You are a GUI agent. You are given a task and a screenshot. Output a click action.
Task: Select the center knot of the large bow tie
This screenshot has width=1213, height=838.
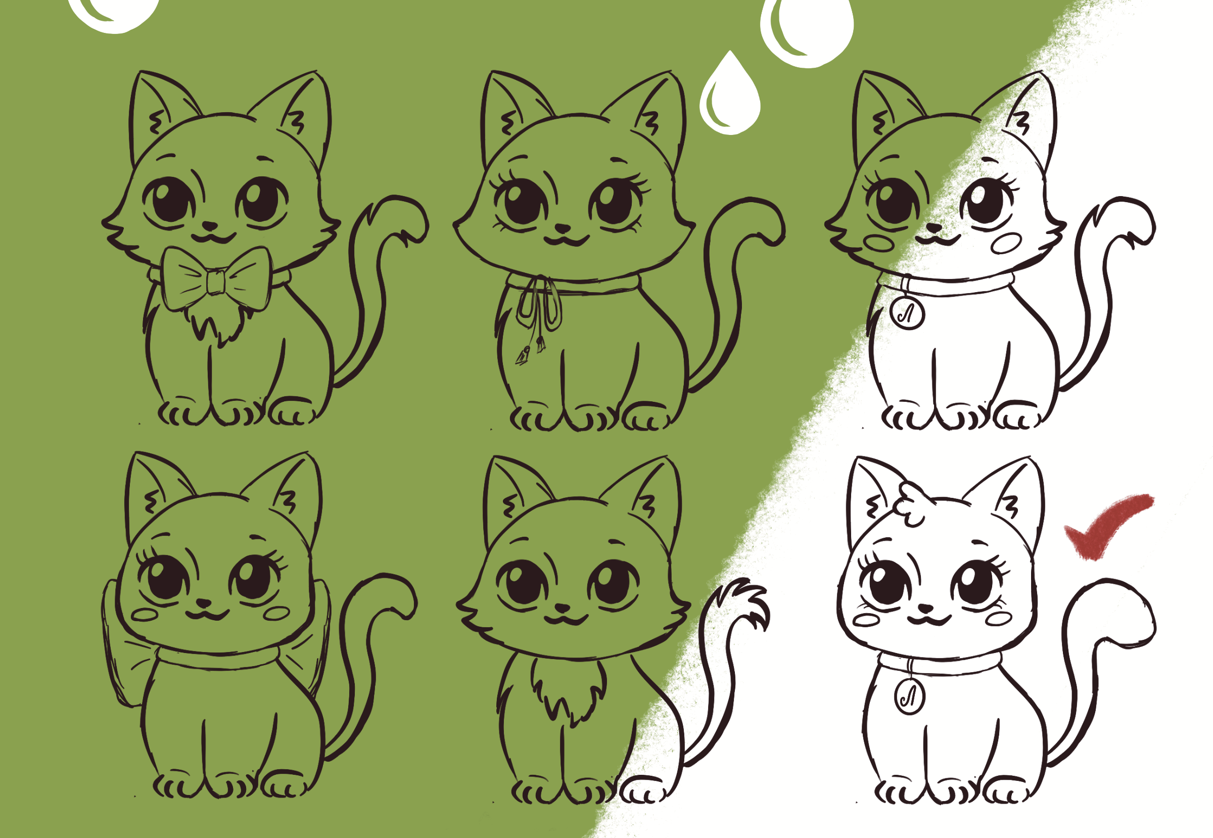[216, 284]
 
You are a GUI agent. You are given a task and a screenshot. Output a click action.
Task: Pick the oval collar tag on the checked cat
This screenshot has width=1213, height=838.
[909, 695]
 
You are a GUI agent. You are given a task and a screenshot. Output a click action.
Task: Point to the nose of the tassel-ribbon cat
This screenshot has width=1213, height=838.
[563, 228]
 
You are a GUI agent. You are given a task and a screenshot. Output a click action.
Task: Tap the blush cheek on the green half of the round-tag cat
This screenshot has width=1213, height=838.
[879, 243]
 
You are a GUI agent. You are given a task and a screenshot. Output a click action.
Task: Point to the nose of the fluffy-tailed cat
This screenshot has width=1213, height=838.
[563, 608]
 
